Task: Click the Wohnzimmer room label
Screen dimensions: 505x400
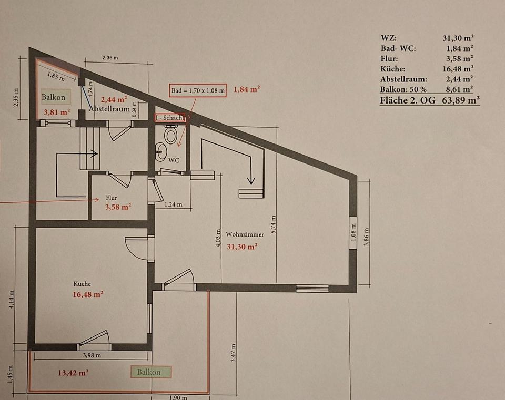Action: pos(245,234)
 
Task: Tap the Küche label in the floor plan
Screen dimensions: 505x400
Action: pos(82,284)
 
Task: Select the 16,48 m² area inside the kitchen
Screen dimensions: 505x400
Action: pos(87,294)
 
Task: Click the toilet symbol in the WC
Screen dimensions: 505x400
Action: pos(170,135)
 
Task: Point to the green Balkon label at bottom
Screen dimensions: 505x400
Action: pos(149,372)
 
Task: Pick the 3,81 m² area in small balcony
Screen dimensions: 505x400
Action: pos(57,111)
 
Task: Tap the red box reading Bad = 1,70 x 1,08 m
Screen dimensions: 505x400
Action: pos(198,90)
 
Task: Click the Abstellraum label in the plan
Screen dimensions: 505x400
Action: pos(109,109)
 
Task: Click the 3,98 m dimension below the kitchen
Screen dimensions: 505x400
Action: pos(92,356)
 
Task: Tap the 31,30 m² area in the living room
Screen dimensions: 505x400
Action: pos(242,246)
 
